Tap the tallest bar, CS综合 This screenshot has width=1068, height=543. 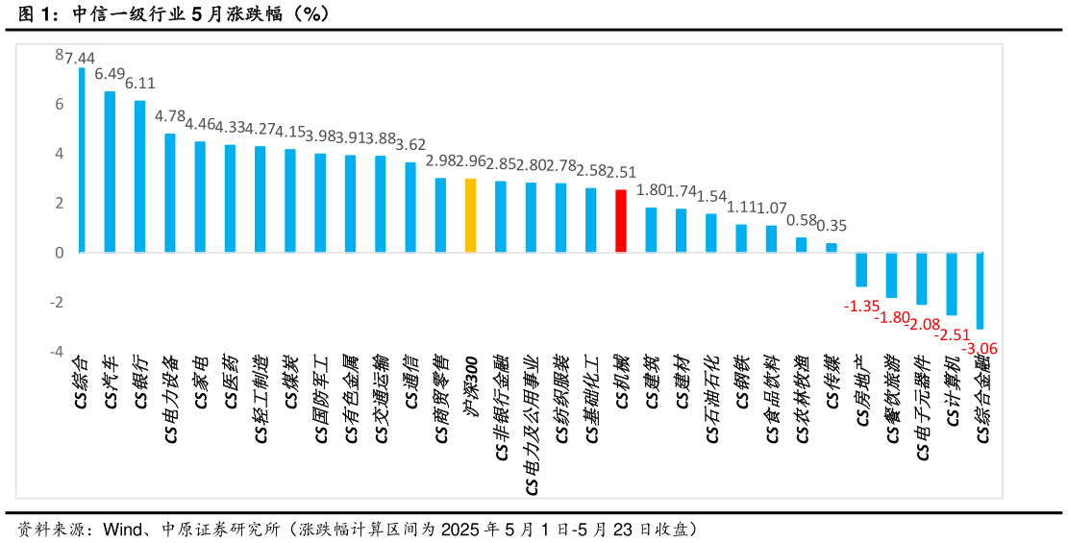pos(82,160)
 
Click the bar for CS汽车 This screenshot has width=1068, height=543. pos(110,171)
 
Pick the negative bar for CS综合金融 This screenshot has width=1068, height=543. pos(980,290)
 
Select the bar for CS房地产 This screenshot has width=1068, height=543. pos(861,269)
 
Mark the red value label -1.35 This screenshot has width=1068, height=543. pos(861,306)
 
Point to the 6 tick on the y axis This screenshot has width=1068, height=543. pos(59,104)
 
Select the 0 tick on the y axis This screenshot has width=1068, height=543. pos(59,253)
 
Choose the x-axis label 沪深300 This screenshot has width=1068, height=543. pos(471,383)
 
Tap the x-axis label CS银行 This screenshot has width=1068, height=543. pos(140,383)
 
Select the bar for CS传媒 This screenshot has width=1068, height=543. pos(832,247)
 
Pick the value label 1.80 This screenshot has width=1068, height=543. pos(651,189)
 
